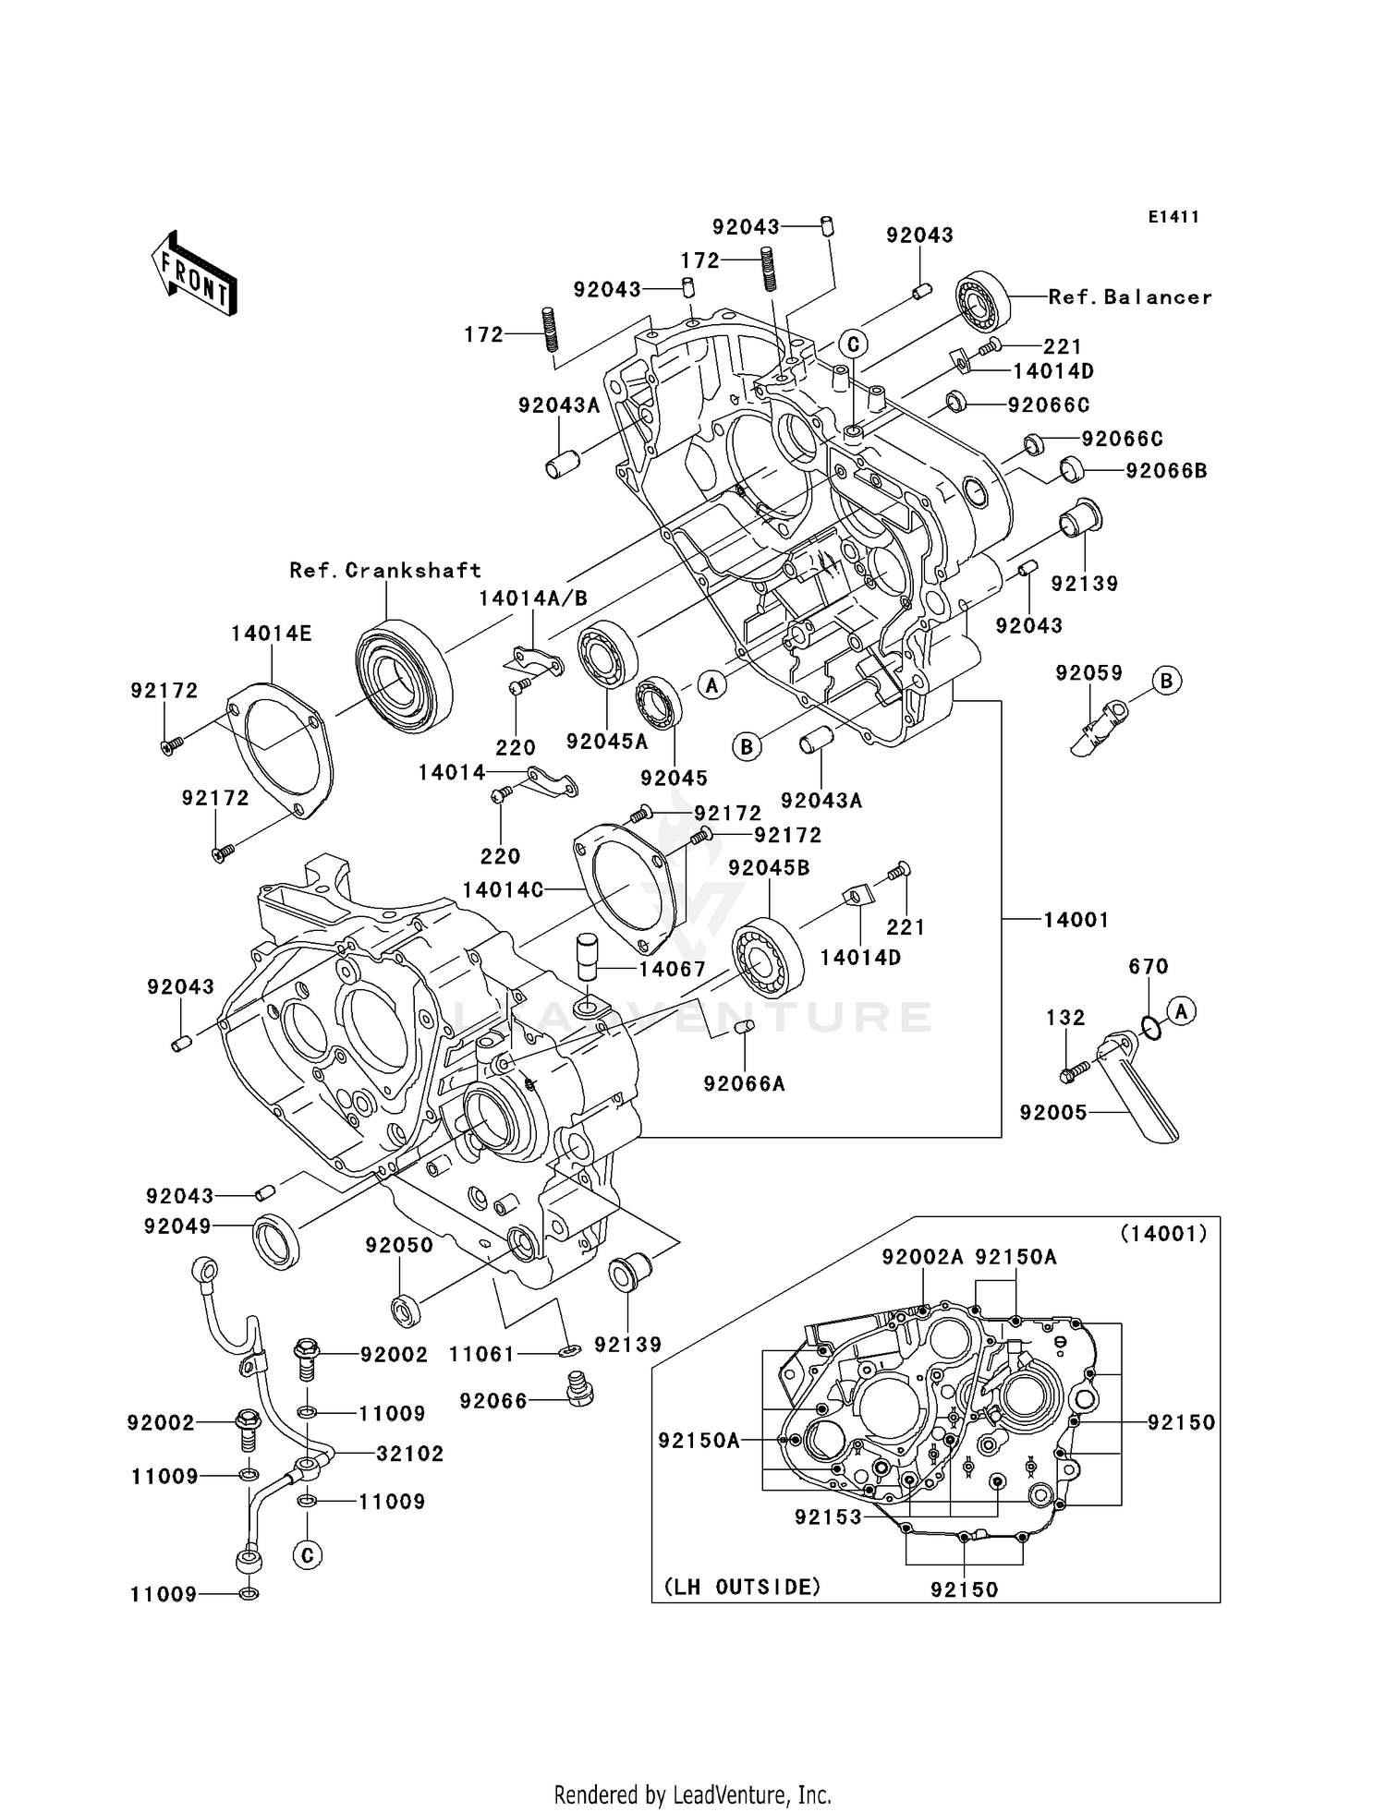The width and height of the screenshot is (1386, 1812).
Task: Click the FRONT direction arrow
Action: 194,273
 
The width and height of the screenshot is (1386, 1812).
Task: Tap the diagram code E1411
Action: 1173,217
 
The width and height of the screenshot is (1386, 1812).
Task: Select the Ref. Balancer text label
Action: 1129,297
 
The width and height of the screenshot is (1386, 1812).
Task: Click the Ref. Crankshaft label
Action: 385,571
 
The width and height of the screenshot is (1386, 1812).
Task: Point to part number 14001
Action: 1076,920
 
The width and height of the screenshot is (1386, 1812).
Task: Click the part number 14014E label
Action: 272,634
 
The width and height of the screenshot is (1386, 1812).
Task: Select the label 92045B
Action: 769,868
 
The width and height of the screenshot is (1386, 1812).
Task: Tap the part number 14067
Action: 672,970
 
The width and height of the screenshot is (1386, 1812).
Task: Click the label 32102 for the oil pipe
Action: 409,1454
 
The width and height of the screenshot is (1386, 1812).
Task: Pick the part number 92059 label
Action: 1088,673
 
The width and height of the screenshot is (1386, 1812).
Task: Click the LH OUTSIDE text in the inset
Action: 742,1587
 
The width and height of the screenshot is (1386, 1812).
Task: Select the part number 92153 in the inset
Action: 828,1517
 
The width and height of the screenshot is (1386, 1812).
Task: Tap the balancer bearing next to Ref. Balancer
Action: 982,301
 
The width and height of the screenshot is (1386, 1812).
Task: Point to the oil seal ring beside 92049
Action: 276,1242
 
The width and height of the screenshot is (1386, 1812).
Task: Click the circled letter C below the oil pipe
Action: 308,1556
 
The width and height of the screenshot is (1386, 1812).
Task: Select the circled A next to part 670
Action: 1180,1011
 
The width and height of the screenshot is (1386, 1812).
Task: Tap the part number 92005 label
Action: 1053,1113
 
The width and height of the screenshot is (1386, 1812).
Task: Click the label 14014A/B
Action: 533,598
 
